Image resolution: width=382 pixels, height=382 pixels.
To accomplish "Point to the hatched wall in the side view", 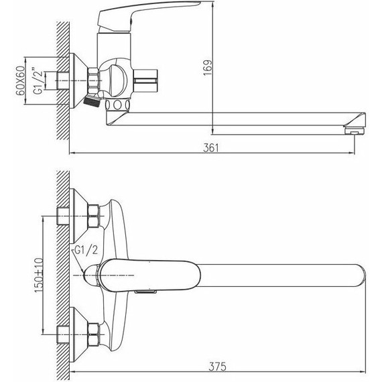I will pos(63,80).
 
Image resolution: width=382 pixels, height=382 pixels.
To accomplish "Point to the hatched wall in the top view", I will pos(63,268).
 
